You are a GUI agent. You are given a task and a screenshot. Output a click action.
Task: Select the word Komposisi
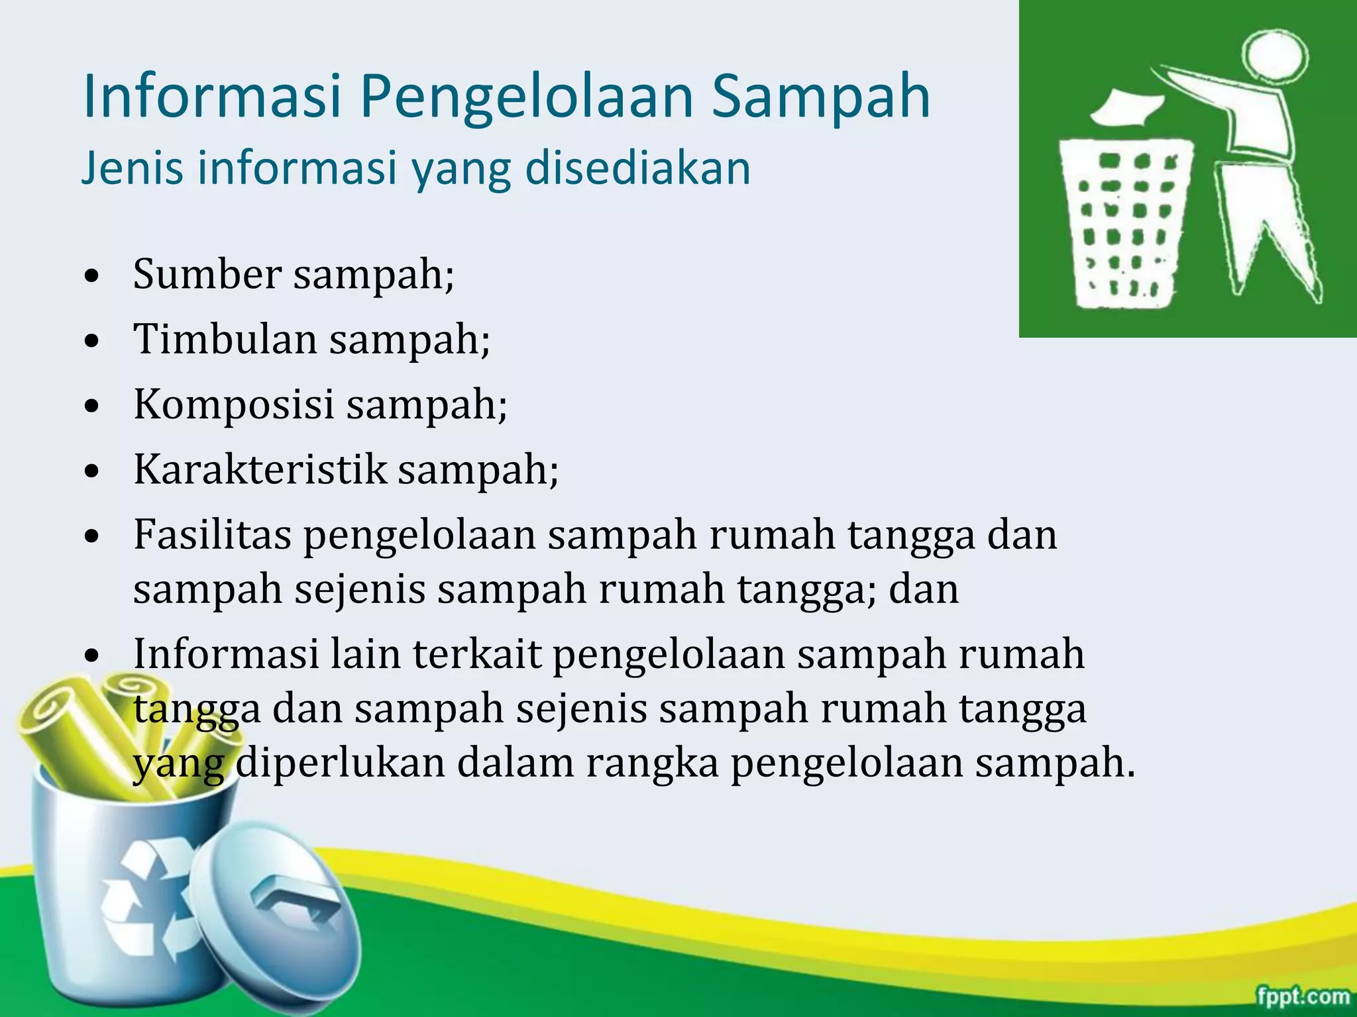tap(233, 403)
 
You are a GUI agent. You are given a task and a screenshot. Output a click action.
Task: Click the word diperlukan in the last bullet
tap(340, 763)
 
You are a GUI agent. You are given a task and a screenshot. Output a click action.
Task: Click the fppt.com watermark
tap(1303, 996)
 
